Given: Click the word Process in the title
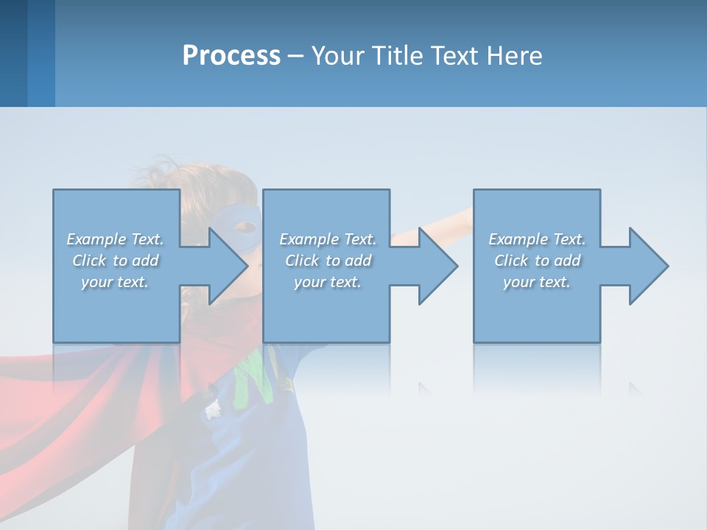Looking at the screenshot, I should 231,56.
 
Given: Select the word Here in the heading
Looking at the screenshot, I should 513,56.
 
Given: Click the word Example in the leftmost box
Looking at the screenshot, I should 96,239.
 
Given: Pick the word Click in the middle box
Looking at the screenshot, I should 301,261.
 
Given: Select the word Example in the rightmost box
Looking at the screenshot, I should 518,239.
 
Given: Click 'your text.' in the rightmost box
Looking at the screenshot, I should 537,282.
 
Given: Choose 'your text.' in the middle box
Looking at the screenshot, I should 327,282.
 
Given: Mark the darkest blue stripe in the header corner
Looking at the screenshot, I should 13,53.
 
